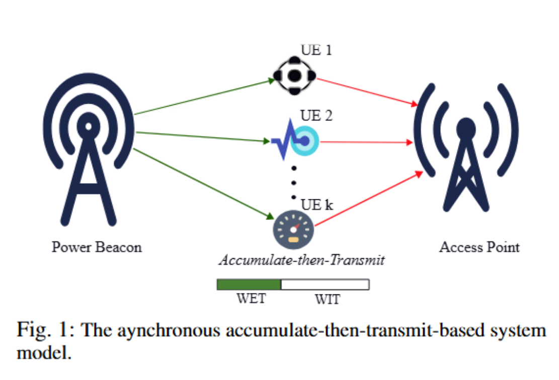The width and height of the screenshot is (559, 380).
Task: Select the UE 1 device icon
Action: pos(294,75)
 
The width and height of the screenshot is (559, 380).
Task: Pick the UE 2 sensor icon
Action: pos(295,140)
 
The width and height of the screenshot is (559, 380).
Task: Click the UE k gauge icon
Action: pos(293,230)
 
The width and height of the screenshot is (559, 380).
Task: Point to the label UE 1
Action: pos(316,50)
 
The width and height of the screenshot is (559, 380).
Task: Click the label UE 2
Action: pos(316,116)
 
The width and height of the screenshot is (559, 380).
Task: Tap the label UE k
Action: pos(317,205)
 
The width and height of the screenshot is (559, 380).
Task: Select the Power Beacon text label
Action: pos(97,247)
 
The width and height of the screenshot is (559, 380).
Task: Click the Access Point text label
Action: pos(480,247)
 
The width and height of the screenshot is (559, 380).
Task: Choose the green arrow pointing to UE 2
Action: pos(202,137)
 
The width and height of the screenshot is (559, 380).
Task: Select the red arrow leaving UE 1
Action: pos(367,92)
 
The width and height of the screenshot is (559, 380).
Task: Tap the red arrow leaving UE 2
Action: pos(366,142)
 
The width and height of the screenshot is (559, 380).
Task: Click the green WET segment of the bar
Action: pos(249,284)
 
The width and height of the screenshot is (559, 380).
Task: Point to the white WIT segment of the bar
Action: pos(325,284)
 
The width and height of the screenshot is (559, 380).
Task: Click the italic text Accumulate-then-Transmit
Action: pos(302,260)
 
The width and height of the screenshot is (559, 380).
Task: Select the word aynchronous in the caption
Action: pos(169,331)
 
